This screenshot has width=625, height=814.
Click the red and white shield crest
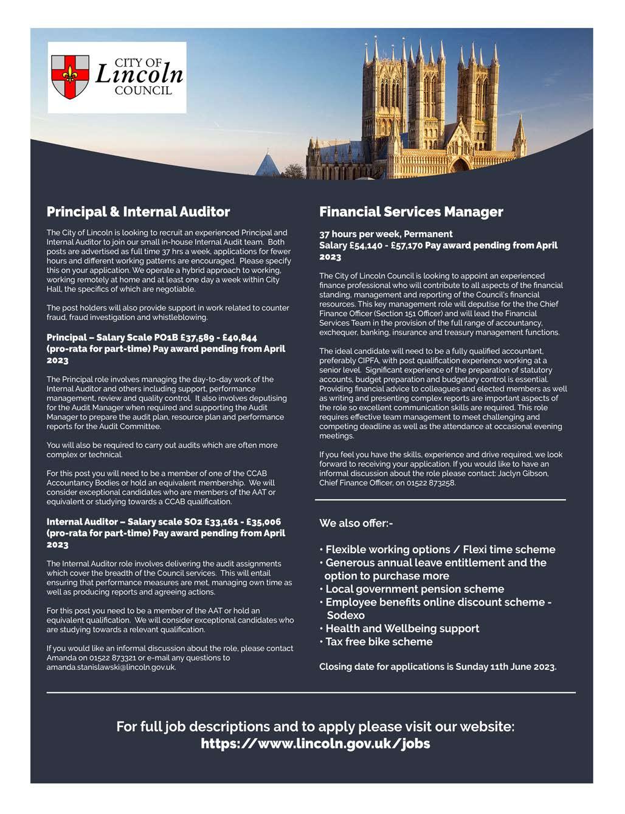(70, 77)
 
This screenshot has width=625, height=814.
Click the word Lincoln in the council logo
(139, 75)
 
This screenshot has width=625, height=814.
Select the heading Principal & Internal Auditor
(138, 212)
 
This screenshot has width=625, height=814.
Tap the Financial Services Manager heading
(411, 212)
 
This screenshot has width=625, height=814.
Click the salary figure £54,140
(371, 246)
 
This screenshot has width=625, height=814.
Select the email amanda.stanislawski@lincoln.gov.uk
(111, 667)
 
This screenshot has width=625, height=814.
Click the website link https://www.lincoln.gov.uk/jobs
(315, 743)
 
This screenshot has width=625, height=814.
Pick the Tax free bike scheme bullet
(379, 642)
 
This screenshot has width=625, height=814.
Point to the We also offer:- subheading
(356, 523)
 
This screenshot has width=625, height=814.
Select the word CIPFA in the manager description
(371, 360)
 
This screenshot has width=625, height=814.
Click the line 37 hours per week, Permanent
(385, 234)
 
